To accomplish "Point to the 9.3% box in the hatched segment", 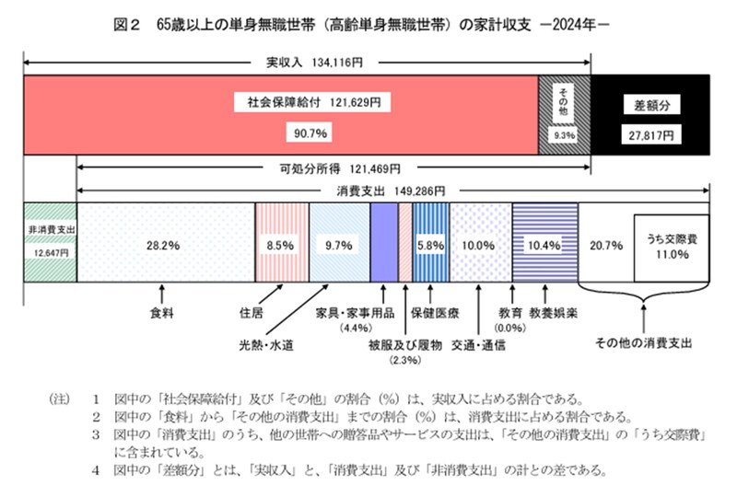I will (564, 135).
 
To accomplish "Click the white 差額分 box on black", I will (649, 103).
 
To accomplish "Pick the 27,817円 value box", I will (649, 134).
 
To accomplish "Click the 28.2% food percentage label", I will (161, 246).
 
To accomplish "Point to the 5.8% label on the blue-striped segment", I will (430, 246).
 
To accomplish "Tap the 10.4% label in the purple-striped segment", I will (540, 246).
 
